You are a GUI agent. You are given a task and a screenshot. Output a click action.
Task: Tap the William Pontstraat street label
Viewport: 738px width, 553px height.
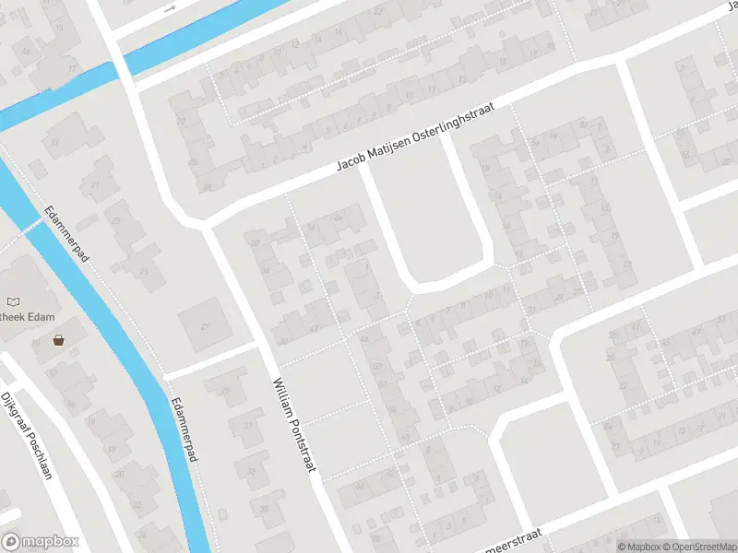pyautogui.click(x=294, y=424)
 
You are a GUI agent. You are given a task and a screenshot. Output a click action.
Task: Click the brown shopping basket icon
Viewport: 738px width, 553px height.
pyautogui.click(x=59, y=339)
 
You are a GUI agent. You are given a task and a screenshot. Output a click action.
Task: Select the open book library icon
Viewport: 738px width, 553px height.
pyautogui.click(x=13, y=301)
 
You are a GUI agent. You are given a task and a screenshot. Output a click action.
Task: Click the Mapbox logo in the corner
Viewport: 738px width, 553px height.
pyautogui.click(x=41, y=542)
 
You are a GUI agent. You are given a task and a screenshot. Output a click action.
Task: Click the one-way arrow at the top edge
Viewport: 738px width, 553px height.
pyautogui.click(x=169, y=8)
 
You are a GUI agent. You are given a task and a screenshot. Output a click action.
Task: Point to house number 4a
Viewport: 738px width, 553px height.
pyautogui.click(x=336, y=218)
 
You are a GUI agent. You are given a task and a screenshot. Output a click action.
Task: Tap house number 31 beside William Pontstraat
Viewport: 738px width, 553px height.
pyautogui.click(x=246, y=425)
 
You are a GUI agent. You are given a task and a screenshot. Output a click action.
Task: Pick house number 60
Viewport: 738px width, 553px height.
pyautogui.click(x=406, y=436)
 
